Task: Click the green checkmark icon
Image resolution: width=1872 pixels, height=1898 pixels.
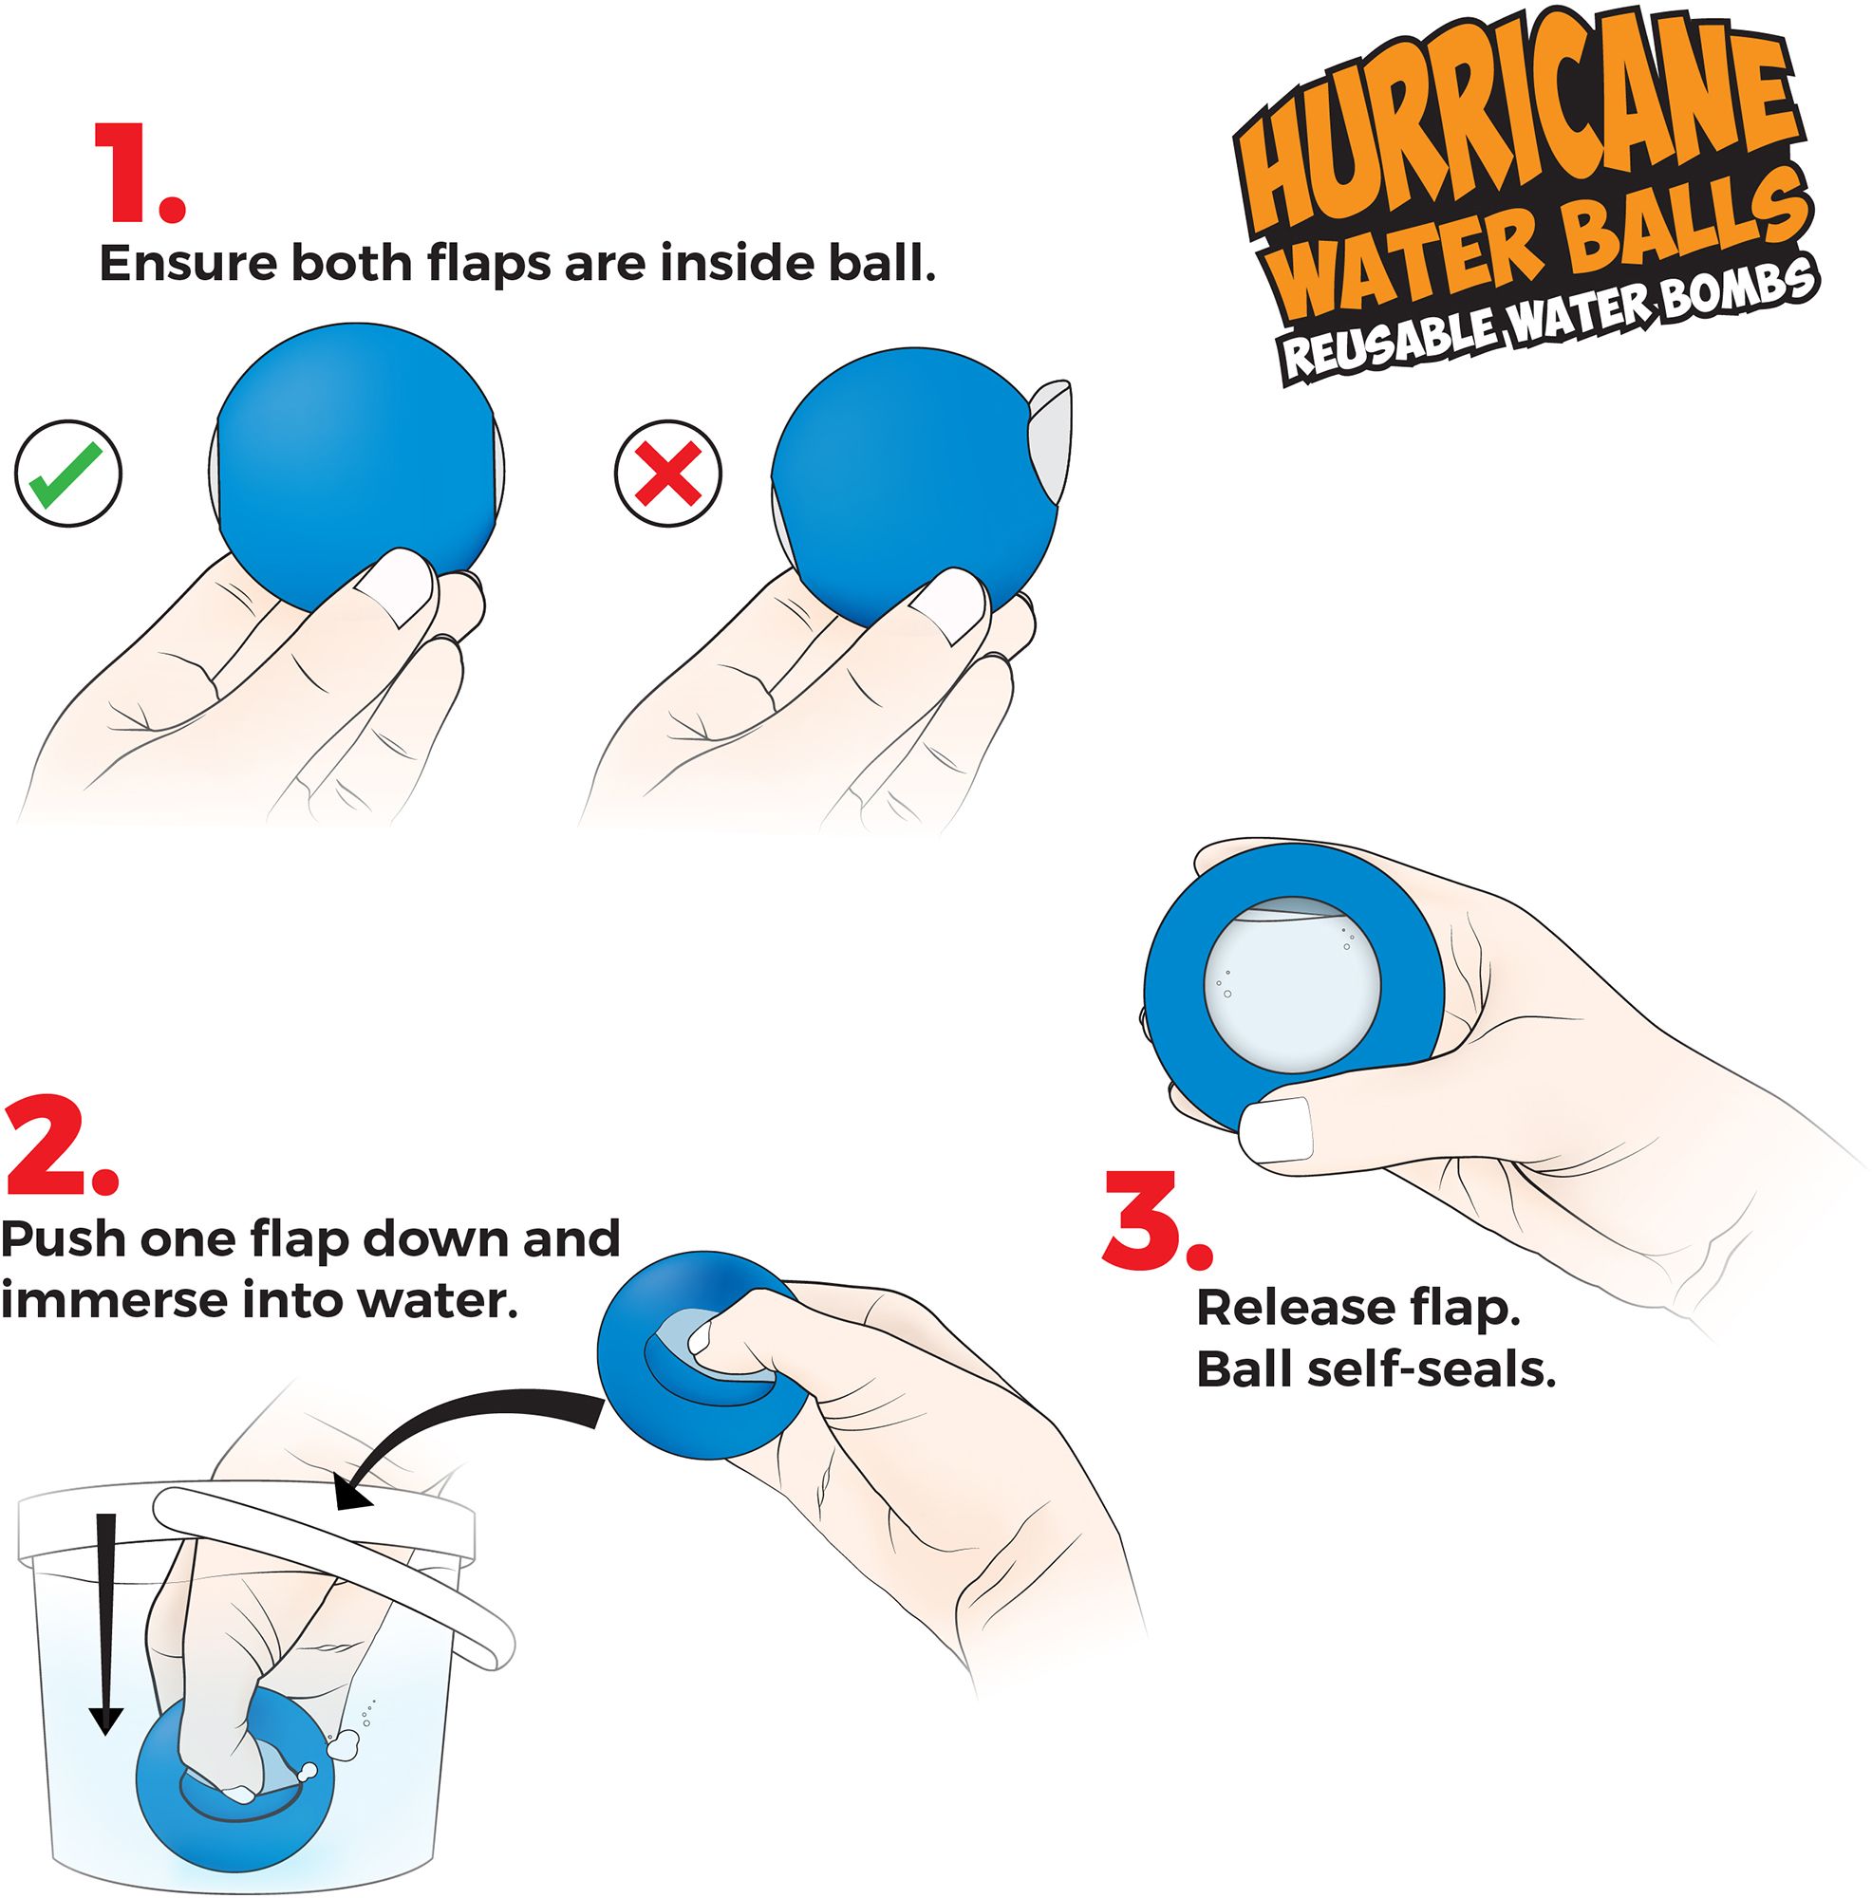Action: [67, 474]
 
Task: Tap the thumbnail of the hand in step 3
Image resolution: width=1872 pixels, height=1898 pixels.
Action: [1276, 1129]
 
